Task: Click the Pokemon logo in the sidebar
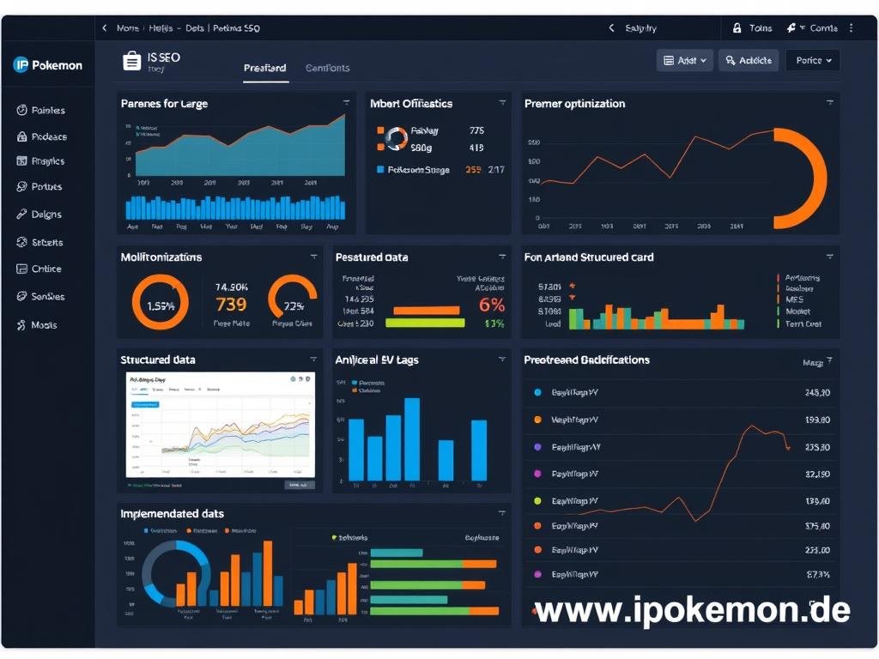(48, 65)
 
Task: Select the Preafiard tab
(264, 69)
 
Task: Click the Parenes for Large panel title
(164, 104)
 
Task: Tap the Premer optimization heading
(574, 104)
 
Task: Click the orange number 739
(231, 305)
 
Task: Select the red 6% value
(492, 305)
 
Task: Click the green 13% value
(494, 323)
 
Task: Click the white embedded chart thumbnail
(221, 424)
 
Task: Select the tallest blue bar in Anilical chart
(412, 438)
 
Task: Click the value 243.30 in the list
(817, 393)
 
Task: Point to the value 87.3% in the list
(818, 574)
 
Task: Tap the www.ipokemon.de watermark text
(692, 610)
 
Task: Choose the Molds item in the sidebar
(44, 326)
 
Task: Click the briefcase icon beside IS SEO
(132, 61)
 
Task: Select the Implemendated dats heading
(173, 514)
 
